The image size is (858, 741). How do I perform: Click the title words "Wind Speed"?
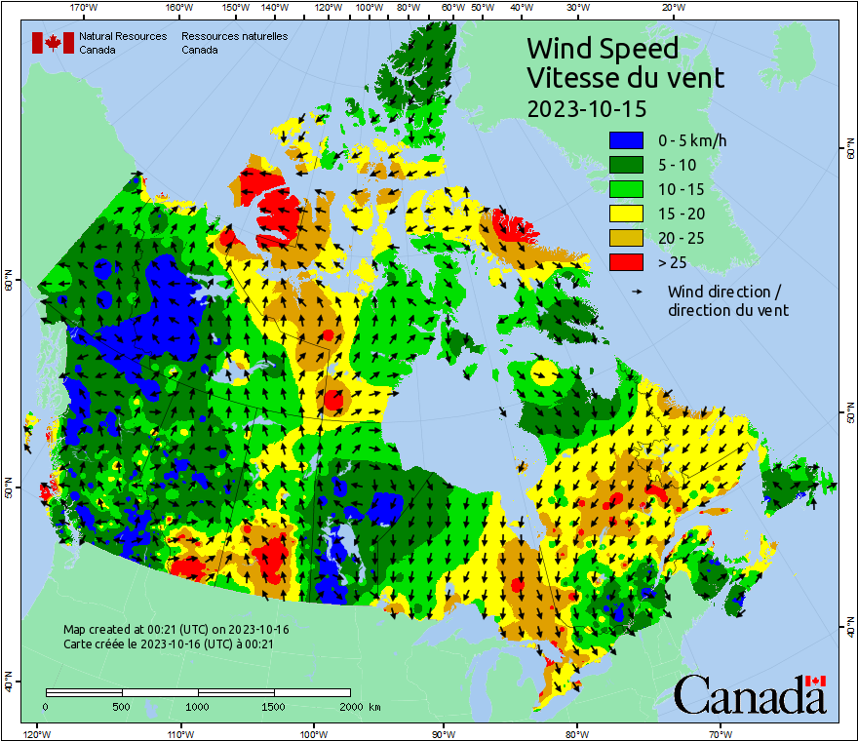[602, 48]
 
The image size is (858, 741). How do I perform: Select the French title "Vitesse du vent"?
[625, 77]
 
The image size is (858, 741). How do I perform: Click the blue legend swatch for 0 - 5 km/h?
[625, 140]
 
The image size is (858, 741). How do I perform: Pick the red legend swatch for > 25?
[625, 262]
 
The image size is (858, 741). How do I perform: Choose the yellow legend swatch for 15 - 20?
[625, 214]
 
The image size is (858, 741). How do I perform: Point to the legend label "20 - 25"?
[682, 238]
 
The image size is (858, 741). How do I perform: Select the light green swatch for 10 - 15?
[625, 189]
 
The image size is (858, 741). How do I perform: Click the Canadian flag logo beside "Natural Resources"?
[53, 43]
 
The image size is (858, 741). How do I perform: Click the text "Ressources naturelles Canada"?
[234, 43]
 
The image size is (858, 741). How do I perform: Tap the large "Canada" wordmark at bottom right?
[750, 695]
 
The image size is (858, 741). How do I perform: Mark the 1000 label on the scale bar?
[198, 706]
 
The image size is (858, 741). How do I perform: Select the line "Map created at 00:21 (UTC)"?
[175, 630]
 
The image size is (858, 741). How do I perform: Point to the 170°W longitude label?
[85, 8]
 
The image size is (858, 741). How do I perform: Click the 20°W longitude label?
[671, 8]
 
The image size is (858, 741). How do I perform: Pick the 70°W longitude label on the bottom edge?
[720, 733]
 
